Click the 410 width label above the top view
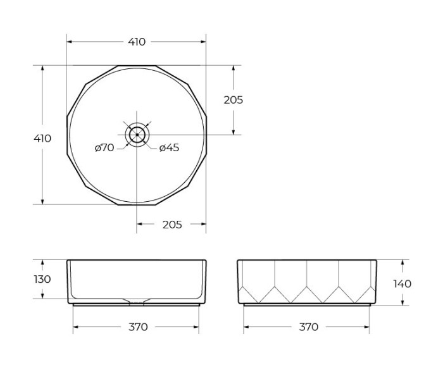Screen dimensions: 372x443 tap(137, 42)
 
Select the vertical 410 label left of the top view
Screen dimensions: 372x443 tap(42, 139)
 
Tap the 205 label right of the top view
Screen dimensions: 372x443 tap(234, 100)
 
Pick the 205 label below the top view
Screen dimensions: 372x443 tap(172, 225)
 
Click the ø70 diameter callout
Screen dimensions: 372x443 tap(104, 148)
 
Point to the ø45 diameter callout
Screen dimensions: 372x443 tap(169, 148)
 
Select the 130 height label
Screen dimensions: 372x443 tap(42, 279)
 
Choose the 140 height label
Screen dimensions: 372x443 tap(402, 283)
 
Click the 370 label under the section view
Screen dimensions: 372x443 tap(138, 327)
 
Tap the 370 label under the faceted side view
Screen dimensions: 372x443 tap(308, 327)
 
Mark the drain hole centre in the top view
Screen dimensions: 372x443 tap(137, 135)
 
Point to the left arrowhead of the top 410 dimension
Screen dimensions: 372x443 tap(70, 42)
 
